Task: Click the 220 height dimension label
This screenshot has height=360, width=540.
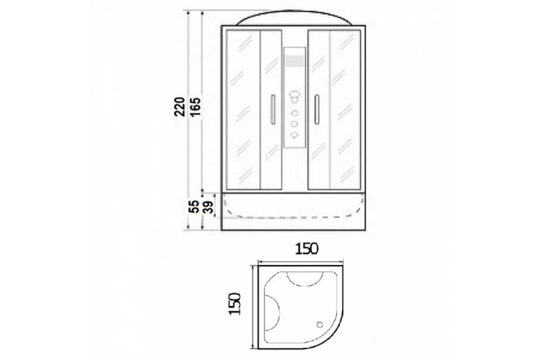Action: [180, 107]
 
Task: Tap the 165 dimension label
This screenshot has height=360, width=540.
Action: [195, 107]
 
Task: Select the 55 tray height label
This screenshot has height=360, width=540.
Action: [193, 207]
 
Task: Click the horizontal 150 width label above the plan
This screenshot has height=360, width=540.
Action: [307, 249]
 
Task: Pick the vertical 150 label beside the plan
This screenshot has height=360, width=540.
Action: [234, 304]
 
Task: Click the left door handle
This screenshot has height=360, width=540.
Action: [273, 109]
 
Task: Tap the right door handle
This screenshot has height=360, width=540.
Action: [317, 109]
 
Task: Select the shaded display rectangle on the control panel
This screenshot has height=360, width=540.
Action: [295, 61]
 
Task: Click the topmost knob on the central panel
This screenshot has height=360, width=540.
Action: [295, 96]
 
